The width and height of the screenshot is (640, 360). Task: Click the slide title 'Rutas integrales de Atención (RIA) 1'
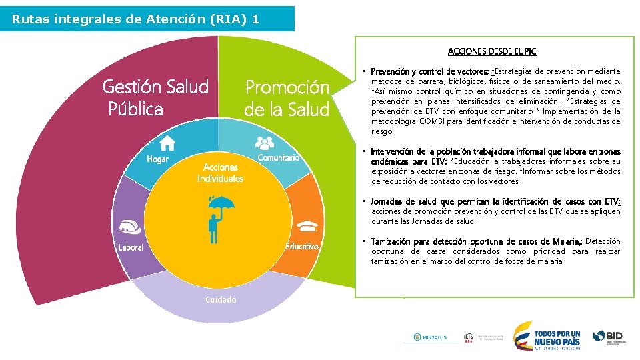pyautogui.click(x=135, y=19)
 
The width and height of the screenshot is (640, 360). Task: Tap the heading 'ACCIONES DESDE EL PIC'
pyautogui.click(x=492, y=51)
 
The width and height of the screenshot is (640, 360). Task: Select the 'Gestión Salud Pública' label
pyautogui.click(x=155, y=97)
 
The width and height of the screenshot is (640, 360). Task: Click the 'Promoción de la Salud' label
pyautogui.click(x=287, y=98)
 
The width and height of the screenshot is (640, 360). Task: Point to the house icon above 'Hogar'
pyautogui.click(x=167, y=143)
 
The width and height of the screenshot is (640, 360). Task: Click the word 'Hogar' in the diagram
pyautogui.click(x=158, y=159)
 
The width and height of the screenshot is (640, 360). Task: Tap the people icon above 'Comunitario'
pyautogui.click(x=265, y=142)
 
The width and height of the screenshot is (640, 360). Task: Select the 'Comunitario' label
pyautogui.click(x=278, y=158)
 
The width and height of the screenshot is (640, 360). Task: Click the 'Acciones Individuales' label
pyautogui.click(x=220, y=173)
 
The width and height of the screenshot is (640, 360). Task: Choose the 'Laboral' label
pyautogui.click(x=131, y=247)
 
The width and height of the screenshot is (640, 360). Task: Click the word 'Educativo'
pyautogui.click(x=302, y=247)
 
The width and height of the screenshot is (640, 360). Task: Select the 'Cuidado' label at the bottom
pyautogui.click(x=220, y=299)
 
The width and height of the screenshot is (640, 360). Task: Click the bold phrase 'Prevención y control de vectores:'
pyautogui.click(x=430, y=71)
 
